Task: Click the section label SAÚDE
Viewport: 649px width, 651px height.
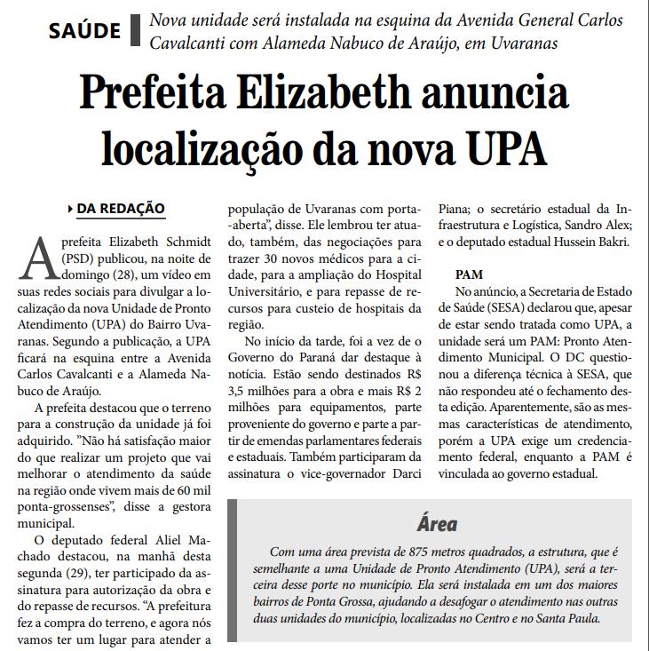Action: pos(84,30)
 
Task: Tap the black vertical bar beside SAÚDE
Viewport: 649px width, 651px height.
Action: pos(135,30)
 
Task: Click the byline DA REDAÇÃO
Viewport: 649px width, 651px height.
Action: pos(121,209)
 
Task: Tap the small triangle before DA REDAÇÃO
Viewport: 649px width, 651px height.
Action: pos(70,209)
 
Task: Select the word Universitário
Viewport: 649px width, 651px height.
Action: pos(269,291)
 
